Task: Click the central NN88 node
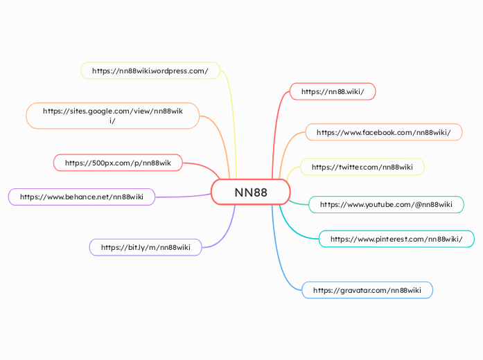(x=250, y=192)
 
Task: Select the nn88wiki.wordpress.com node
(x=150, y=71)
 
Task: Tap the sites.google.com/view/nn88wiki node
(x=112, y=116)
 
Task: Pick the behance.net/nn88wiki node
(x=81, y=197)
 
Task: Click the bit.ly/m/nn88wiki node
(x=146, y=247)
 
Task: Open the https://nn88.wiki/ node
(x=333, y=91)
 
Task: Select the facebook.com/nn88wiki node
(x=383, y=132)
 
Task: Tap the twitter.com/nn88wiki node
(x=362, y=167)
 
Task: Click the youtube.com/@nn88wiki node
(x=385, y=204)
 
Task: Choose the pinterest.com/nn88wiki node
(x=396, y=239)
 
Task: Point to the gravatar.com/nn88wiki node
(x=367, y=290)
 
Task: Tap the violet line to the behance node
(x=184, y=197)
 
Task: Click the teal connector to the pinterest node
(x=295, y=228)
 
